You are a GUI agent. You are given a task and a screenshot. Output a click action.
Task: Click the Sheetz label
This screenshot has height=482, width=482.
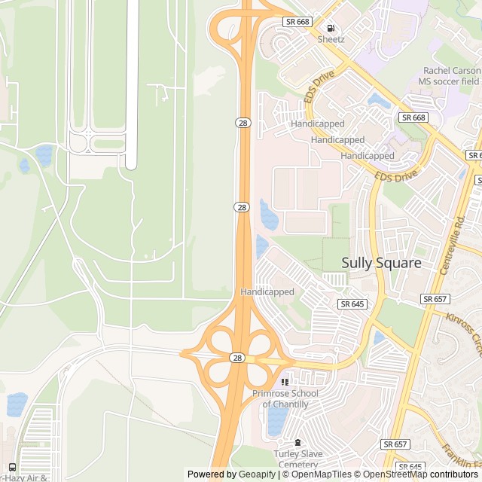[x=331, y=39]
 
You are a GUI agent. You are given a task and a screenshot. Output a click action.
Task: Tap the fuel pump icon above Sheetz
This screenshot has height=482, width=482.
[x=330, y=28]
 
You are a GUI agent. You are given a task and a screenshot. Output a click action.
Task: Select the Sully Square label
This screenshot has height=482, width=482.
[x=381, y=264]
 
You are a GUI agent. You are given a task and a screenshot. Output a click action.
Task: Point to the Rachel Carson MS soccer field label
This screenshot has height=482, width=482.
[x=450, y=75]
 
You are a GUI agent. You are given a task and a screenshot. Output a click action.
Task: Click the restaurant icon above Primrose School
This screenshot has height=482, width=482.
[x=285, y=382]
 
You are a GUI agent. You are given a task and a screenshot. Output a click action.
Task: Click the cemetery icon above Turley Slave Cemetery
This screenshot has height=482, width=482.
[x=298, y=442]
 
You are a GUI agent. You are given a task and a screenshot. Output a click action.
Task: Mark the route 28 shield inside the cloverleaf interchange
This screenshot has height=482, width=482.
[x=237, y=358]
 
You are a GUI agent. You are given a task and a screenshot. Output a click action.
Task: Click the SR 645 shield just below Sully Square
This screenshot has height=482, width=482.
[x=352, y=304]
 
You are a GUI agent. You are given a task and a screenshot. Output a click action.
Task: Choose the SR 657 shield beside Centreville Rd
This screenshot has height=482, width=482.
[x=435, y=299]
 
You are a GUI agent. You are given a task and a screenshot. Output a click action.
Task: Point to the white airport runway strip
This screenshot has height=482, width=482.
[x=132, y=83]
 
